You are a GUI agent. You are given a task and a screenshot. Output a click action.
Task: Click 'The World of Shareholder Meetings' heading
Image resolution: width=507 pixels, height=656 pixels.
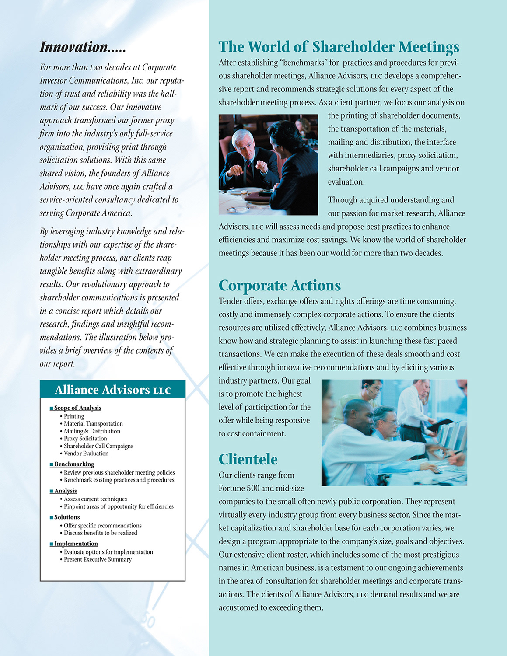point(339,47)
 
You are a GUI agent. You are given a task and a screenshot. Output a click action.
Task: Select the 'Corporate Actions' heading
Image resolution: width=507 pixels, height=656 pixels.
point(280,286)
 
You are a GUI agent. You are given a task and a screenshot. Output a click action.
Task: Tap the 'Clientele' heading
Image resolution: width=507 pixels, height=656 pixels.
point(248,459)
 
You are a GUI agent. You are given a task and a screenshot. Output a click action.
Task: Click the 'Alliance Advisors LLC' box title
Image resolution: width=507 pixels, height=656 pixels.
point(112,390)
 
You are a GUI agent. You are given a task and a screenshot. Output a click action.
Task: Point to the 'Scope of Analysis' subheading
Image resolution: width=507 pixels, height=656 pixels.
point(77,408)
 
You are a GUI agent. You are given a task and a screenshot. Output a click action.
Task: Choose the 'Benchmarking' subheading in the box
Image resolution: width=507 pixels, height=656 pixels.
point(74,464)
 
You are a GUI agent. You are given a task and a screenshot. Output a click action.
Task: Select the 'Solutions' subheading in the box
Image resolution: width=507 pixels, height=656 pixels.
point(67,517)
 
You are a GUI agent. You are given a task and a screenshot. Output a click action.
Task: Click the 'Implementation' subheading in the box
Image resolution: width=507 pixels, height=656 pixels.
point(76,544)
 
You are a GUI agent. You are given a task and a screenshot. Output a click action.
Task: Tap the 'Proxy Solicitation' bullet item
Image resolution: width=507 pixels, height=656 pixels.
point(85,439)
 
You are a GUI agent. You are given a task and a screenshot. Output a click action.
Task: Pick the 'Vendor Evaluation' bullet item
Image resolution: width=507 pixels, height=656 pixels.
point(86,454)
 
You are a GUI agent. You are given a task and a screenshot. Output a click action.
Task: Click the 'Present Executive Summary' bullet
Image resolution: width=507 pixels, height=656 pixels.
point(98,559)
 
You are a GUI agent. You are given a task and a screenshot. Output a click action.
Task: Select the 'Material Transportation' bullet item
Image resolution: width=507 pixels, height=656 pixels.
point(93,424)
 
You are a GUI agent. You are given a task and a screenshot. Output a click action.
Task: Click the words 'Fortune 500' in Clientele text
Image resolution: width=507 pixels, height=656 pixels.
point(239,488)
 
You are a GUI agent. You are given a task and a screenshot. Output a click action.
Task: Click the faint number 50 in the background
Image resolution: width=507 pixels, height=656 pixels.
point(149,621)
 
